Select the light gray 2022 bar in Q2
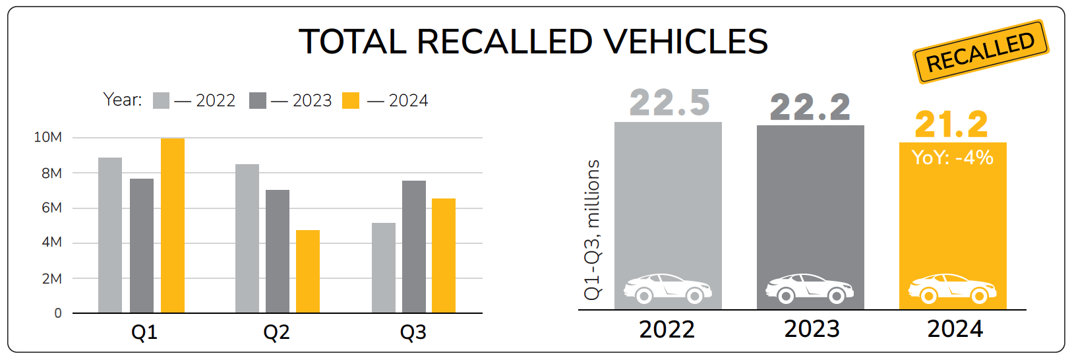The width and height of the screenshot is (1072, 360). (x=247, y=238)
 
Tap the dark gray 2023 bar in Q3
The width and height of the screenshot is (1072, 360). (x=414, y=247)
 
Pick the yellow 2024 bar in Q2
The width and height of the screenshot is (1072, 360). (x=308, y=271)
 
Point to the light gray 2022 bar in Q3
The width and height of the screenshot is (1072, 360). (x=384, y=268)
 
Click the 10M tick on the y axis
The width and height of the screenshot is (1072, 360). (x=48, y=137)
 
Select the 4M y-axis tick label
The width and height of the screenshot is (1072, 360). (x=51, y=242)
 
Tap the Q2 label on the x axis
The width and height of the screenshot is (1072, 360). (x=276, y=332)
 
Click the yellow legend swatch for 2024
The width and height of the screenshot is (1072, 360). (x=351, y=101)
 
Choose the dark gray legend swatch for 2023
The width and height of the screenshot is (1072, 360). (x=258, y=101)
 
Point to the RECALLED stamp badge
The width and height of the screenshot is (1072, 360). (x=980, y=51)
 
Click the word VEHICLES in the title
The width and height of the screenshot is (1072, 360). (x=686, y=42)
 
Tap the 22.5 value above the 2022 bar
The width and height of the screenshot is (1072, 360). (x=669, y=103)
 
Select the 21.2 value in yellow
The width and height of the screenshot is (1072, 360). (x=951, y=124)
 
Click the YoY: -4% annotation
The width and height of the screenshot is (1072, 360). (x=952, y=158)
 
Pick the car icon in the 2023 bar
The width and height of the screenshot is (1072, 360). (x=810, y=288)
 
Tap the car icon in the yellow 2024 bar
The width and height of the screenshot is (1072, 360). (x=952, y=288)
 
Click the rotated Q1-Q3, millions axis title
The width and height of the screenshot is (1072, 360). (x=593, y=229)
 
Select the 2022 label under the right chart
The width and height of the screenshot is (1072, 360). (x=667, y=329)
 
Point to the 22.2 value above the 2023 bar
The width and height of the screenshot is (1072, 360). (x=810, y=107)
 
